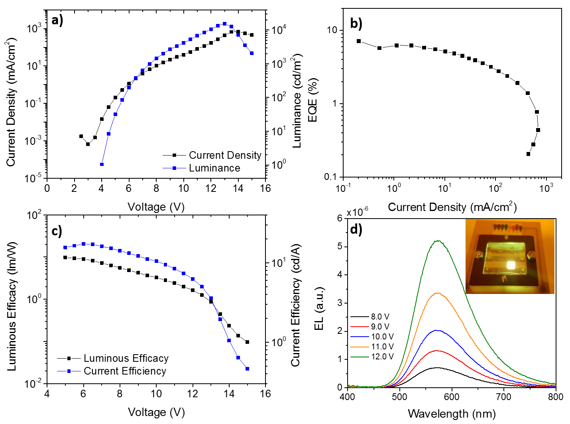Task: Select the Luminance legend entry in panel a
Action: tap(214, 168)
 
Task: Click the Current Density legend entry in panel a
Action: tap(225, 155)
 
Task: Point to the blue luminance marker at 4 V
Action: tap(102, 164)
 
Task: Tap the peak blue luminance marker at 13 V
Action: tap(224, 24)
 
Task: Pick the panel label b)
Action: tap(356, 24)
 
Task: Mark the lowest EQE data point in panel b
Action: tap(529, 154)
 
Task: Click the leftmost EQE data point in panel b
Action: tap(359, 41)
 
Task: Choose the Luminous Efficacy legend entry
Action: tap(126, 358)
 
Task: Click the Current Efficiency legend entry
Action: tap(125, 371)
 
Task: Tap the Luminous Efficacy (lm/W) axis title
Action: tap(12, 306)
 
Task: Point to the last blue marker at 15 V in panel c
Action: tap(247, 369)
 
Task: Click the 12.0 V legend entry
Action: tap(382, 357)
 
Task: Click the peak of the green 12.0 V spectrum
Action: tap(438, 241)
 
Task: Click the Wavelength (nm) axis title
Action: tap(452, 414)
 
